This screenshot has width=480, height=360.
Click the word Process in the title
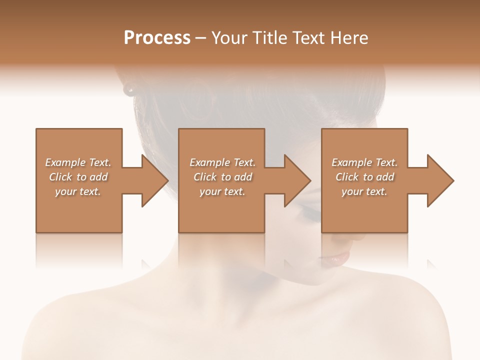point(157,38)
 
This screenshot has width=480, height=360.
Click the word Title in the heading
point(268,38)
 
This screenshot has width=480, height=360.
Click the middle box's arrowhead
point(297,180)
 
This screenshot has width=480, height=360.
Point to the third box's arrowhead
point(439,180)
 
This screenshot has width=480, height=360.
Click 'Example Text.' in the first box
point(78,162)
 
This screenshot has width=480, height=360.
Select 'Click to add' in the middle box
point(222,177)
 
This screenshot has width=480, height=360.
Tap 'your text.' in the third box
point(364,191)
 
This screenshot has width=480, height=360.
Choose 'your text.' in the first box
point(78,191)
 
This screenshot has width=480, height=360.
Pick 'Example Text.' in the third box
point(364,162)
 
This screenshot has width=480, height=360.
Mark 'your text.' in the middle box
point(222,191)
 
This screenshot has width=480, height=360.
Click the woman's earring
point(130,89)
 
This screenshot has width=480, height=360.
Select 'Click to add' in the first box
point(78,177)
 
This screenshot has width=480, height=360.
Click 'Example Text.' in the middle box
point(222,162)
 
